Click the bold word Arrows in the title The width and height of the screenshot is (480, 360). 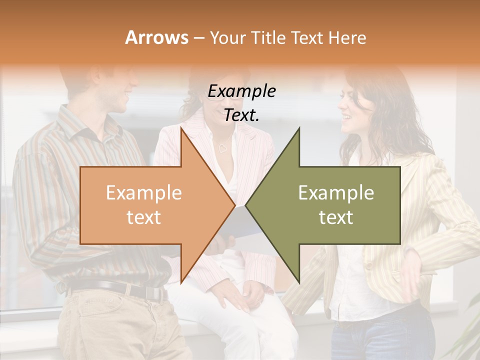[x=157, y=37]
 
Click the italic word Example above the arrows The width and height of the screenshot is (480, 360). [x=241, y=91]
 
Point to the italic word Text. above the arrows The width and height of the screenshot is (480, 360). [x=241, y=115]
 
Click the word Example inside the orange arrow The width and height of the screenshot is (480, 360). [x=144, y=193]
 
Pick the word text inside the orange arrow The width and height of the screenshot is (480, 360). [x=144, y=217]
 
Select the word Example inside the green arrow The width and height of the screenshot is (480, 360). [x=336, y=193]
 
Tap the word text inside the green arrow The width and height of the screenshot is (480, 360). [x=336, y=217]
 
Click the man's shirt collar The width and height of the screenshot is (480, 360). [x=82, y=125]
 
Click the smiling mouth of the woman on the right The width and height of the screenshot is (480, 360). [x=345, y=118]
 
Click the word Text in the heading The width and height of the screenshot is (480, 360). [x=307, y=37]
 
